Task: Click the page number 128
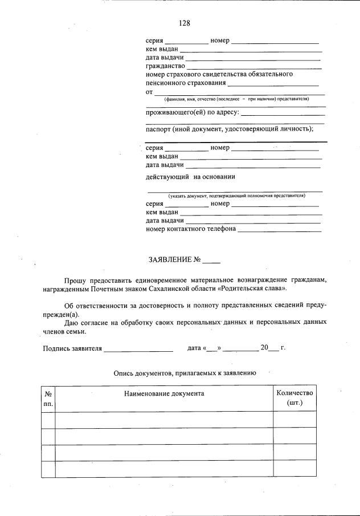[x=184, y=23]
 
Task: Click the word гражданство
[x=165, y=66]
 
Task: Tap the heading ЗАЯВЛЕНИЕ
[x=170, y=260]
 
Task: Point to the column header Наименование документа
[x=163, y=393]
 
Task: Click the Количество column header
[x=294, y=393]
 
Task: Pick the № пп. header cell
[x=48, y=398]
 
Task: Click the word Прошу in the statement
[x=75, y=281]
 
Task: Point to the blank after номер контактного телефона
[x=279, y=231]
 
